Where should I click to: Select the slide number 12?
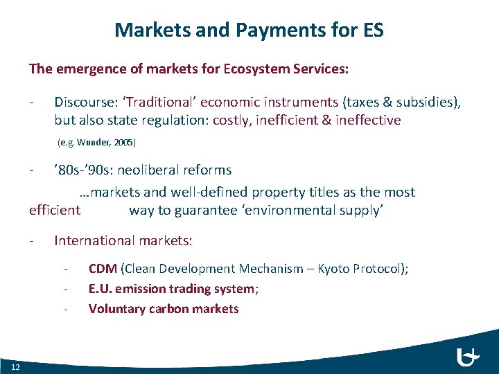pyautogui.click(x=15, y=366)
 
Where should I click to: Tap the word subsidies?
pyautogui.click(x=423, y=102)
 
